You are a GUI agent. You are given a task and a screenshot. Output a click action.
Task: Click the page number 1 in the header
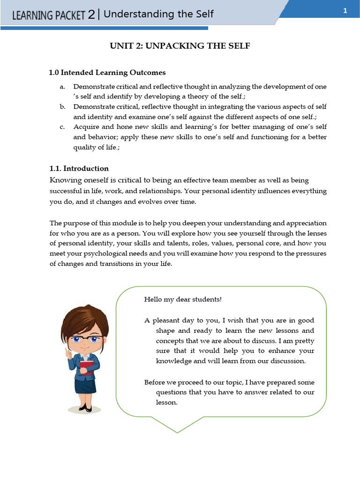(345, 11)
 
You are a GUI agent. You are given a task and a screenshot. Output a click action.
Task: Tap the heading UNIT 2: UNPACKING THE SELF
(180, 46)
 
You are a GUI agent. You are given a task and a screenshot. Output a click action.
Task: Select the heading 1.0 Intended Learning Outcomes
(107, 73)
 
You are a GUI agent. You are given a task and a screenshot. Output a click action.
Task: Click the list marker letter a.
(62, 87)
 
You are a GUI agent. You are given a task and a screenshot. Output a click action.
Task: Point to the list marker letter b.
(62, 107)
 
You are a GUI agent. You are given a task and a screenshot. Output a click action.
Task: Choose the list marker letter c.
(62, 127)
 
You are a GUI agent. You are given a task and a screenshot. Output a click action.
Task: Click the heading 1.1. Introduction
(79, 168)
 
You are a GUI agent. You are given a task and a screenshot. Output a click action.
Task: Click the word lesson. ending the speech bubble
(167, 402)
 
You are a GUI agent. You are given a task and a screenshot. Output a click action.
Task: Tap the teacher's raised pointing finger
(69, 352)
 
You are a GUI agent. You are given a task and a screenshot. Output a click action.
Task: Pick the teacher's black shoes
(85, 408)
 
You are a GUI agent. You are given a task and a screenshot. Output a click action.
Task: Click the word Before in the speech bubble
(155, 382)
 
